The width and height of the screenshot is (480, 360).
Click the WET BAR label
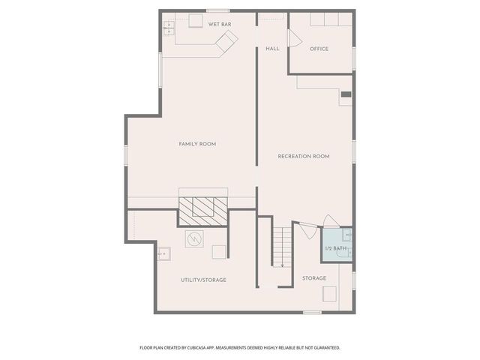[219, 25]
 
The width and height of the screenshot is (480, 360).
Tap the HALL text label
[272, 49]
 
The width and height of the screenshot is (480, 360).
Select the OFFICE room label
[319, 49]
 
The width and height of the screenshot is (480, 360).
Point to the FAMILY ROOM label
[197, 144]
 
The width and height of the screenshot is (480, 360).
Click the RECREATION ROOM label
[304, 156]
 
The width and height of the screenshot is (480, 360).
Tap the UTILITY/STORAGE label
[203, 280]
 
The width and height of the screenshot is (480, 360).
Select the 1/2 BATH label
[334, 248]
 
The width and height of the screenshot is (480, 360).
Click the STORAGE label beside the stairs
[314, 278]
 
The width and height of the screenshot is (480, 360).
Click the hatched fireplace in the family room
[203, 207]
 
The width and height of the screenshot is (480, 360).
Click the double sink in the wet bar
[169, 28]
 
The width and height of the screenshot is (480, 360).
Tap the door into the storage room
[305, 229]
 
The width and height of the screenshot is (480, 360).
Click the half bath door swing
[330, 220]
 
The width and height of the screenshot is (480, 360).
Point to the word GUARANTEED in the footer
[325, 347]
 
